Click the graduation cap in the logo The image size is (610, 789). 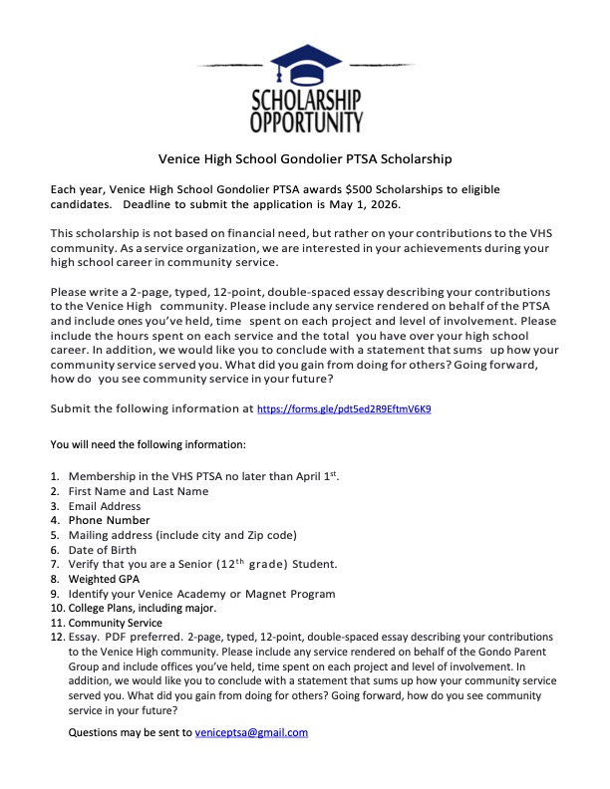click(305, 62)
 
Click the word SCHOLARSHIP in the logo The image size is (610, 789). click(305, 101)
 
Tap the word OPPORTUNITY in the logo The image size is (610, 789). click(305, 123)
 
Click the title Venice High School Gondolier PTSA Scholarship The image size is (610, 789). click(306, 158)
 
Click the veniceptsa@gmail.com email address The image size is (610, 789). click(252, 732)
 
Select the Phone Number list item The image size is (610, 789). click(109, 520)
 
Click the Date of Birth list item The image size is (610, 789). click(103, 550)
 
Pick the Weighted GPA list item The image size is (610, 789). click(104, 579)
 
